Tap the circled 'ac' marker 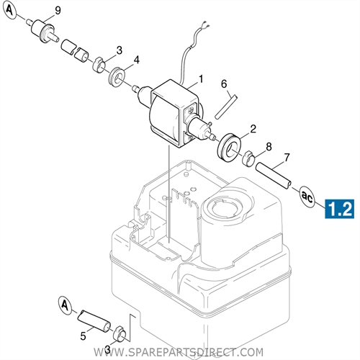point(306,194)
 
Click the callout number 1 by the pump point(201,78)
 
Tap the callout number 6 point(224,84)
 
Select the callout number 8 point(269,146)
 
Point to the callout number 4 point(137,59)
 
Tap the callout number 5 point(84,335)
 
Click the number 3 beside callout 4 point(120,50)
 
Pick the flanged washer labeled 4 point(117,74)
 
